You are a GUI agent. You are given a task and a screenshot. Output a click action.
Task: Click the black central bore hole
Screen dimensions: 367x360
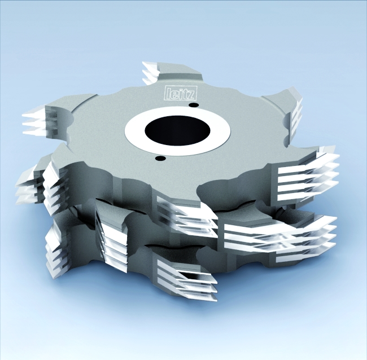(x=178, y=130)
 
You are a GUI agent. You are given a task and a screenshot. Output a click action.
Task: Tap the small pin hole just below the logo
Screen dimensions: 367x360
(x=194, y=104)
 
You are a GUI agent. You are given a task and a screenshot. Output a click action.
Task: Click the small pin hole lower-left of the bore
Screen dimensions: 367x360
(x=160, y=159)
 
